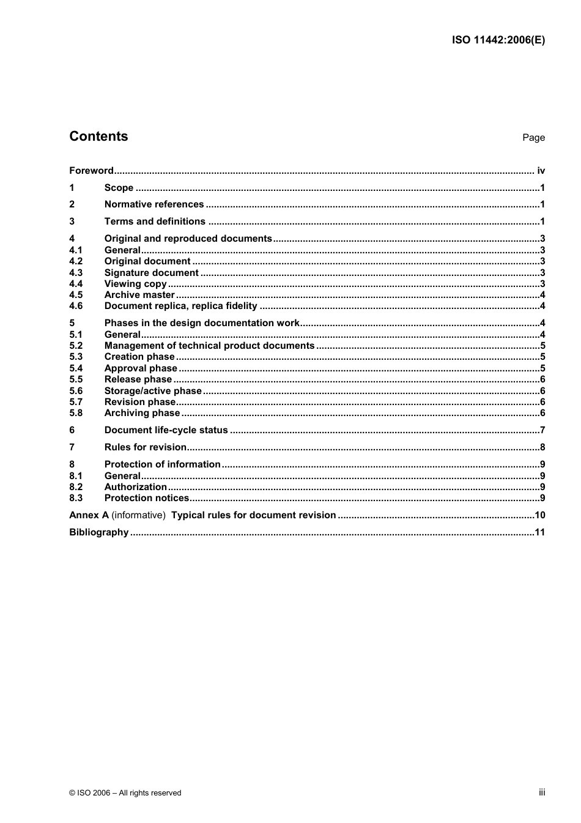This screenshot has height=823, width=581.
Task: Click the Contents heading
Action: [x=98, y=136]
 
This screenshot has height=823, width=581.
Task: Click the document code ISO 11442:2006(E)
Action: [x=498, y=40]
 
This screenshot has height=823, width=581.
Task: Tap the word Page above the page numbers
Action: [x=533, y=138]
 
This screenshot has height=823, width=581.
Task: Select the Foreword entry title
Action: [x=91, y=171]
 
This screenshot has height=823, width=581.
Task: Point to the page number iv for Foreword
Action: [x=541, y=171]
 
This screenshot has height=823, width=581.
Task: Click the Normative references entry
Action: [x=154, y=204]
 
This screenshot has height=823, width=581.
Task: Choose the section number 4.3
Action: [x=76, y=273]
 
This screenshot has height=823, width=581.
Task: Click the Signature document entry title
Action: [x=151, y=273]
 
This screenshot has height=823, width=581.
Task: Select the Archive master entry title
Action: [x=139, y=295]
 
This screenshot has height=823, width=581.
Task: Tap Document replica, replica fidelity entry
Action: [x=180, y=306]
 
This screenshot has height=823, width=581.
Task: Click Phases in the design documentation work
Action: [x=202, y=323]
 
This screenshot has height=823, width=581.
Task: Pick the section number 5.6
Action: [x=76, y=391]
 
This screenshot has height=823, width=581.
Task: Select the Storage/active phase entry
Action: [x=153, y=391]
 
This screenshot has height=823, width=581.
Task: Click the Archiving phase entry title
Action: [x=142, y=413]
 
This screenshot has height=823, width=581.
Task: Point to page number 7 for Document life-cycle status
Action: [x=542, y=430]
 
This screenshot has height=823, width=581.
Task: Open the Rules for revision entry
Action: [x=146, y=447]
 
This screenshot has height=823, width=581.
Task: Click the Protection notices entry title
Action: [x=147, y=498]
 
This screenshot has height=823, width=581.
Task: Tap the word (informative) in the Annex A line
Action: [x=138, y=515]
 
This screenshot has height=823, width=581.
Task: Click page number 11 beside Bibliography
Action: [x=539, y=532]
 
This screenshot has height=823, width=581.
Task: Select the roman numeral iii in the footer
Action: [x=542, y=792]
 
